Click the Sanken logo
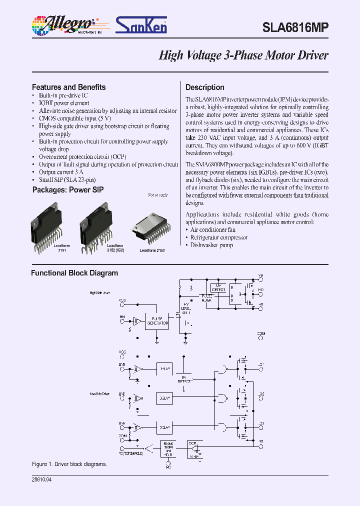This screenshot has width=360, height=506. [x=141, y=25]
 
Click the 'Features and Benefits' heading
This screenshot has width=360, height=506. [x=68, y=87]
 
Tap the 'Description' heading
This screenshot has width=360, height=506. [x=205, y=87]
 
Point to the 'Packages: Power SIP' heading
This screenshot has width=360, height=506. [x=68, y=190]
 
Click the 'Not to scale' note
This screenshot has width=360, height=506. [x=157, y=195]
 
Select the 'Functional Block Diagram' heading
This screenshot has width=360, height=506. [x=74, y=273]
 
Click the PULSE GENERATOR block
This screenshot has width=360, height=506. [x=156, y=322]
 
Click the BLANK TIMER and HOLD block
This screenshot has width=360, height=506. [x=168, y=448]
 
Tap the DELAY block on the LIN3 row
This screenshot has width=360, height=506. [x=164, y=427]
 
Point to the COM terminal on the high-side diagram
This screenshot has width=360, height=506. [x=260, y=338]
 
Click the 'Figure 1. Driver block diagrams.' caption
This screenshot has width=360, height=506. [x=69, y=464]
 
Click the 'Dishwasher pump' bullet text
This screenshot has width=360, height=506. [x=211, y=245]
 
